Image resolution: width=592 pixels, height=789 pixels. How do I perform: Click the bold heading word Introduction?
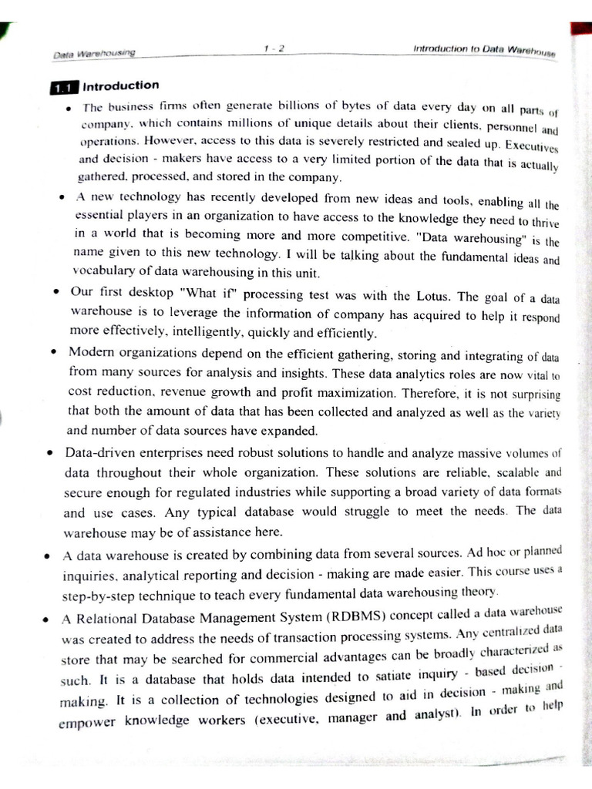click(121, 86)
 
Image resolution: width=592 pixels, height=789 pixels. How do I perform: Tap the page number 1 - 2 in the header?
click(274, 49)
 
